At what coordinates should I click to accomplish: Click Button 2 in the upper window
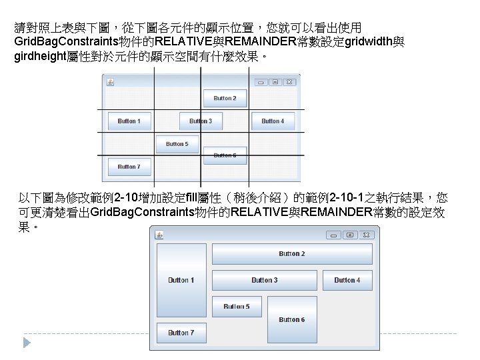click(225, 99)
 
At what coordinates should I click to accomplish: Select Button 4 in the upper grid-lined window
click(273, 121)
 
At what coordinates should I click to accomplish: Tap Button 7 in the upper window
click(129, 167)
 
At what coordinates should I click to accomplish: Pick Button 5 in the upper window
click(177, 144)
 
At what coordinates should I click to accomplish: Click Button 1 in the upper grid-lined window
click(129, 121)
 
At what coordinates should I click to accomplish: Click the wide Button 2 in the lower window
click(291, 254)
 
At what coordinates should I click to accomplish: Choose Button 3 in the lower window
click(264, 280)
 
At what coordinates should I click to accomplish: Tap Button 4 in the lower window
click(347, 280)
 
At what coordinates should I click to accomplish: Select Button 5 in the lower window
click(237, 307)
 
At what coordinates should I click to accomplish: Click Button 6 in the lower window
click(291, 319)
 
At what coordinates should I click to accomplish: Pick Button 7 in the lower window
click(181, 333)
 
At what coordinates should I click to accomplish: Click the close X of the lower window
click(366, 235)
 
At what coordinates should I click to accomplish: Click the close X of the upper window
click(289, 82)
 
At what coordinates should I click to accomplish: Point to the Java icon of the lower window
click(160, 235)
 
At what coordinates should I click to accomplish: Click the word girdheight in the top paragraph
click(37, 57)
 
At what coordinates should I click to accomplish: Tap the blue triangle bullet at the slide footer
click(27, 342)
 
